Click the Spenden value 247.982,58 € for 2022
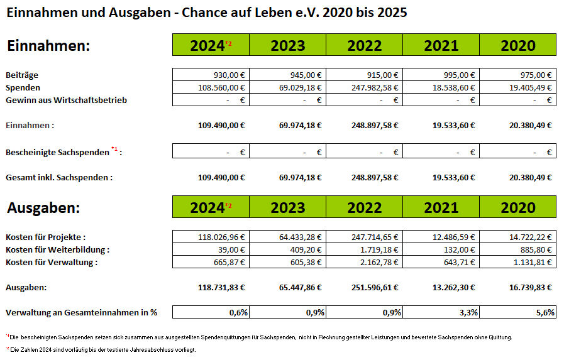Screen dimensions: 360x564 coord(375,87)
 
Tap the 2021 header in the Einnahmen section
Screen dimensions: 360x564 coord(441,45)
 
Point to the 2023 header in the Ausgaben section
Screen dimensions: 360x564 coord(287,207)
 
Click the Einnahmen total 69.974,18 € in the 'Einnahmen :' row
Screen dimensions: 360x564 coord(300,125)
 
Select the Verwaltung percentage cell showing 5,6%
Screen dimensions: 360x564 coord(544,312)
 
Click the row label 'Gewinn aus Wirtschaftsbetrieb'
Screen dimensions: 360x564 coord(66,100)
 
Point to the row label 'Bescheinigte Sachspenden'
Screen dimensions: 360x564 coord(58,152)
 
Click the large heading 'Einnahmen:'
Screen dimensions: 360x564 coord(48,45)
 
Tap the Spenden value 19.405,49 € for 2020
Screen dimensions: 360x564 coord(531,87)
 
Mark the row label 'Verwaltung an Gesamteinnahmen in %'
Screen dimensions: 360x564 coord(81,312)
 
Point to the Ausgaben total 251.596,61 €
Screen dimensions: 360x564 coord(375,287)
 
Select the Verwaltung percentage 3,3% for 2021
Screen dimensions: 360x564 coord(467,312)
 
